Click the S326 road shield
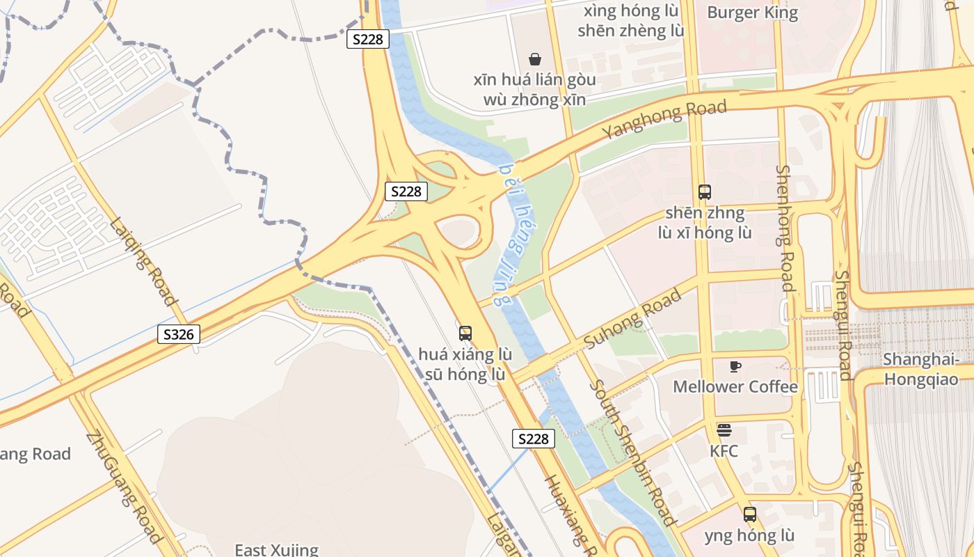[x=178, y=334]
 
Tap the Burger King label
[x=752, y=13]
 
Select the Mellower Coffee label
[x=735, y=386]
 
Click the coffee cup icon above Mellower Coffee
[x=735, y=366]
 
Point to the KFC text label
[x=724, y=450]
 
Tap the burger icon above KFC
[x=724, y=430]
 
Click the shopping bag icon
[x=534, y=59]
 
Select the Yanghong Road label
[x=664, y=119]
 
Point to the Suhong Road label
[x=632, y=320]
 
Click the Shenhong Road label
[x=785, y=228]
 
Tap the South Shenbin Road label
[x=632, y=453]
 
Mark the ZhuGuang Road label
[x=125, y=487]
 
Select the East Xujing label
[x=276, y=549]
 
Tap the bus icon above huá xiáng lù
[x=465, y=334]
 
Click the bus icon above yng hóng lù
[x=749, y=515]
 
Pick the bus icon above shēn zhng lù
[x=704, y=192]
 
